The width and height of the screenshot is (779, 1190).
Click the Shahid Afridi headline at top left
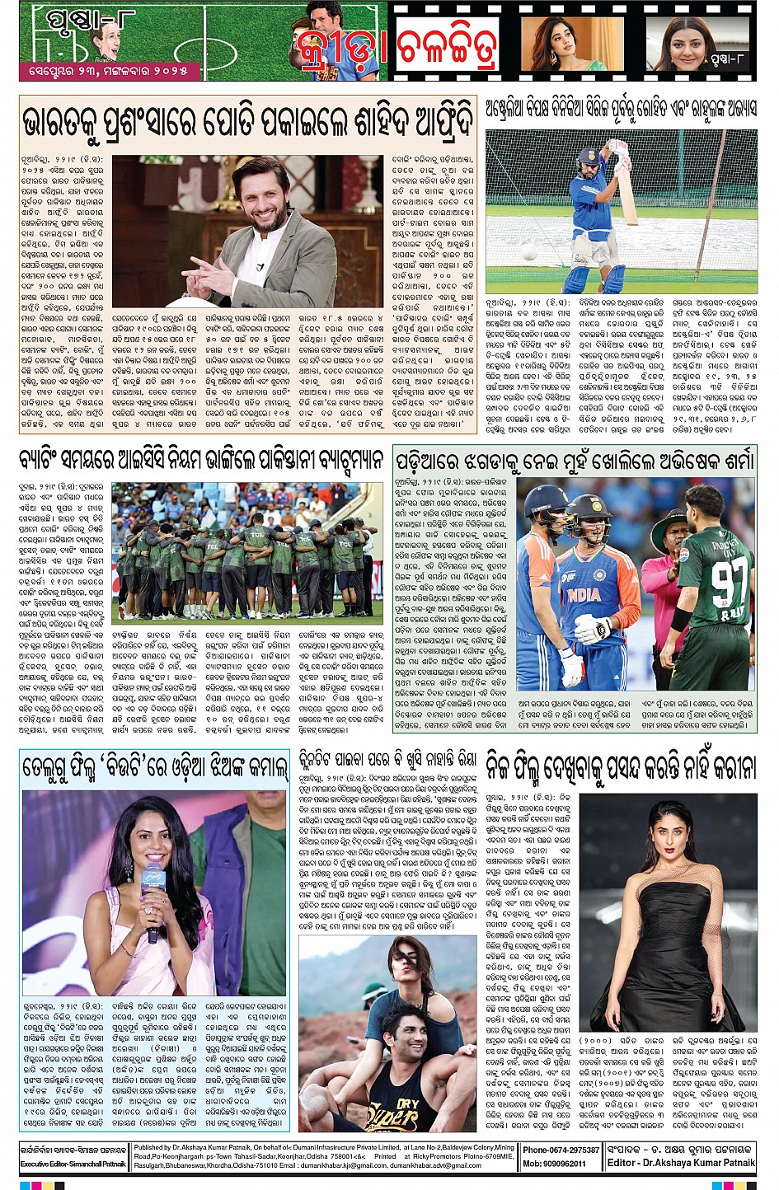[x=247, y=122]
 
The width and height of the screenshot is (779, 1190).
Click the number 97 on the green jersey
[x=729, y=580]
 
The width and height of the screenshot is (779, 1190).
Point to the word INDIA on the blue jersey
[x=584, y=593]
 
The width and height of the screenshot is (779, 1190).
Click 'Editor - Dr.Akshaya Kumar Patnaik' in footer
[x=681, y=1163]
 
